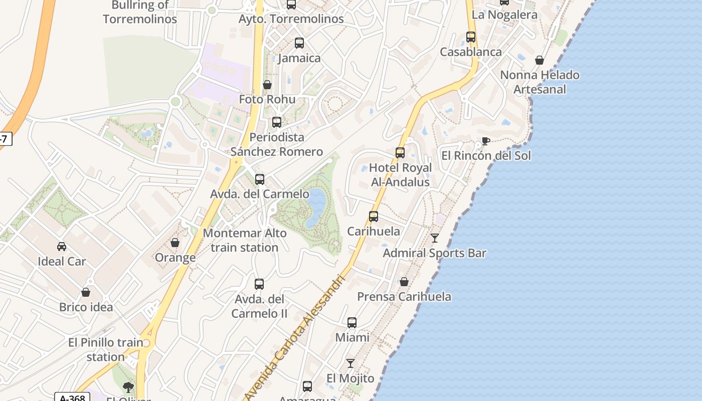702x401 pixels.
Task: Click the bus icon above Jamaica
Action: [299, 43]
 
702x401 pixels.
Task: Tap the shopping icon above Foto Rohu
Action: [267, 85]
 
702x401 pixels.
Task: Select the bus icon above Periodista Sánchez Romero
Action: [276, 122]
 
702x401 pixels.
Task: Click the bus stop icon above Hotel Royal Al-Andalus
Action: [400, 153]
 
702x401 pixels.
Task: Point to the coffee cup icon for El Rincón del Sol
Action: [485, 141]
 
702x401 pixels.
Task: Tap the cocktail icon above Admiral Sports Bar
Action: [435, 238]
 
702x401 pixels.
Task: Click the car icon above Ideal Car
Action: [62, 246]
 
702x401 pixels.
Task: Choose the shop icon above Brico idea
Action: [86, 292]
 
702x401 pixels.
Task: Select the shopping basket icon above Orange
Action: [175, 243]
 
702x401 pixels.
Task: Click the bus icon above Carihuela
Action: [374, 217]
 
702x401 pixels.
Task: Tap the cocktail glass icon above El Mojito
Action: [350, 363]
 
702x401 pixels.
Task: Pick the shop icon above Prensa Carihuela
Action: [404, 282]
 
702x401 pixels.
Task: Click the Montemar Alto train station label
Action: [245, 240]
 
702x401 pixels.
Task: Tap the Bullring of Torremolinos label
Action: [140, 12]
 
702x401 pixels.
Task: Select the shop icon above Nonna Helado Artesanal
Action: [540, 61]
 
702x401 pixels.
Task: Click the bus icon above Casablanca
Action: [470, 37]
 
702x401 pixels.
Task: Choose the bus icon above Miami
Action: [352, 323]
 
